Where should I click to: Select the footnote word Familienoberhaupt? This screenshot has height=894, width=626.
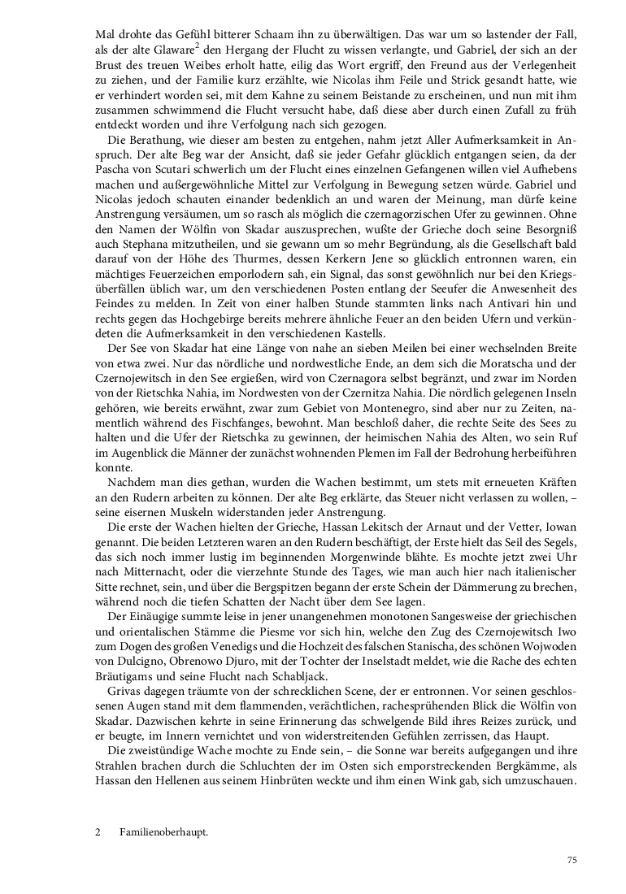click(163, 833)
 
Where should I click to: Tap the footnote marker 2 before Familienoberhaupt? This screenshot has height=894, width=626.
click(98, 833)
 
